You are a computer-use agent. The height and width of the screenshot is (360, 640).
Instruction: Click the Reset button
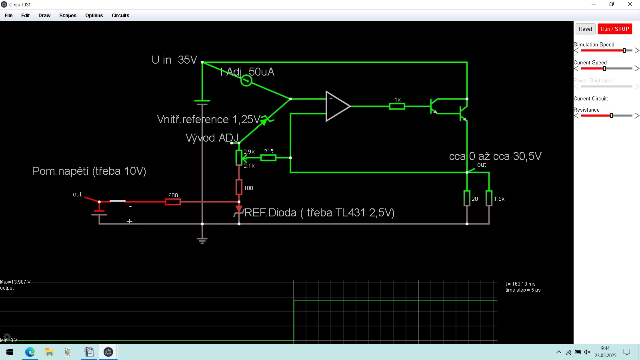(x=585, y=29)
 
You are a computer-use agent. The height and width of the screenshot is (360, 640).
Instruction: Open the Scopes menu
(x=68, y=16)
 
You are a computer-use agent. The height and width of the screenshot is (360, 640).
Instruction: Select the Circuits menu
(x=120, y=16)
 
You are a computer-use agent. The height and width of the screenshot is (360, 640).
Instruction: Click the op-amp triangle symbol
(x=337, y=106)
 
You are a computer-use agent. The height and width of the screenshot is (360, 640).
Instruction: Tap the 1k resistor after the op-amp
(x=397, y=106)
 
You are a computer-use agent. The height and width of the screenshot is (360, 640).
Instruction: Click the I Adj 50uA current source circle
(x=246, y=81)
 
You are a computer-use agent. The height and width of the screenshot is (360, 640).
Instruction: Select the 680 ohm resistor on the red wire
(x=173, y=202)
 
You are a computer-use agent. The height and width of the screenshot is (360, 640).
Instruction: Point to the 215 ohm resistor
(x=268, y=158)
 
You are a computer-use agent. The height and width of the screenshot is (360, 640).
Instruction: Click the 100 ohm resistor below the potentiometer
(x=239, y=187)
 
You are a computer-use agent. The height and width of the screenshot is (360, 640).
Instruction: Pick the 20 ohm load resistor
(x=467, y=198)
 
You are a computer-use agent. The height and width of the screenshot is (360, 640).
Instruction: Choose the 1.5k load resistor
(x=489, y=198)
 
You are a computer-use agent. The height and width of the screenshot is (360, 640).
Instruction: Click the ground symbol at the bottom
(x=202, y=240)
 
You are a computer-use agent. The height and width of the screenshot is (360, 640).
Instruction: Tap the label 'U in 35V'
(x=174, y=60)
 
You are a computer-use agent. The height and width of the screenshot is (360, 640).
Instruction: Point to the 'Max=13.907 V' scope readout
(x=16, y=282)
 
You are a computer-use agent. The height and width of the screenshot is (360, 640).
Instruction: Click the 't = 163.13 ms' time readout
(x=520, y=284)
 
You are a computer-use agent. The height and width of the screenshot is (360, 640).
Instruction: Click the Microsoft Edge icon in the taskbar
(x=30, y=352)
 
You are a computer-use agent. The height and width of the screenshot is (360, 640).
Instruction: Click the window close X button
(x=630, y=4)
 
